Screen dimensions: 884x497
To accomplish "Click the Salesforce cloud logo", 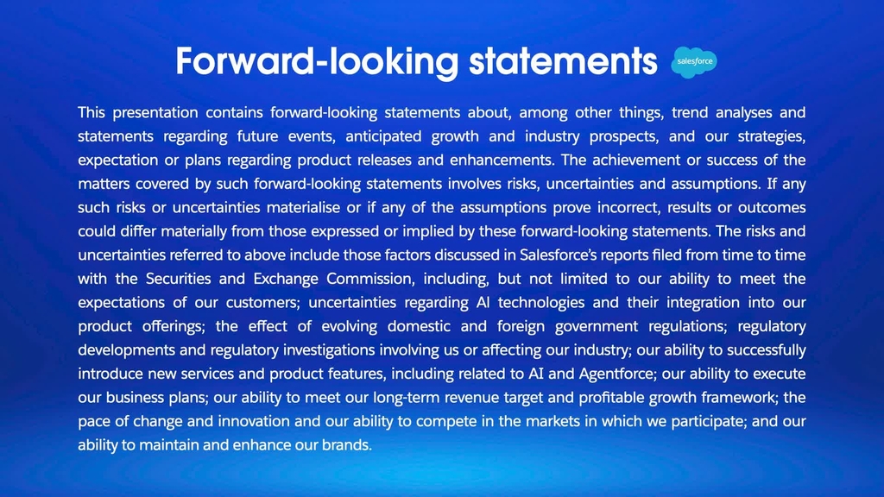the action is pyautogui.click(x=694, y=62).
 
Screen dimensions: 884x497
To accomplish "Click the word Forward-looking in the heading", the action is pyautogui.click(x=318, y=62).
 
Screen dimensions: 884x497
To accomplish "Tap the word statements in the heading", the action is pyautogui.click(x=563, y=61).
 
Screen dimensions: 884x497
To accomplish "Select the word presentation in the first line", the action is pyautogui.click(x=155, y=113).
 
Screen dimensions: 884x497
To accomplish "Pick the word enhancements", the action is pyautogui.click(x=502, y=160).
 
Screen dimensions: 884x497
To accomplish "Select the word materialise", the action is pyautogui.click(x=303, y=207).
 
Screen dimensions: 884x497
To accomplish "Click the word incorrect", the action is pyautogui.click(x=628, y=208).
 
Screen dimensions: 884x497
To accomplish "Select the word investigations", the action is pyautogui.click(x=329, y=350).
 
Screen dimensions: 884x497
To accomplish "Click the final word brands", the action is pyautogui.click(x=347, y=445).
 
